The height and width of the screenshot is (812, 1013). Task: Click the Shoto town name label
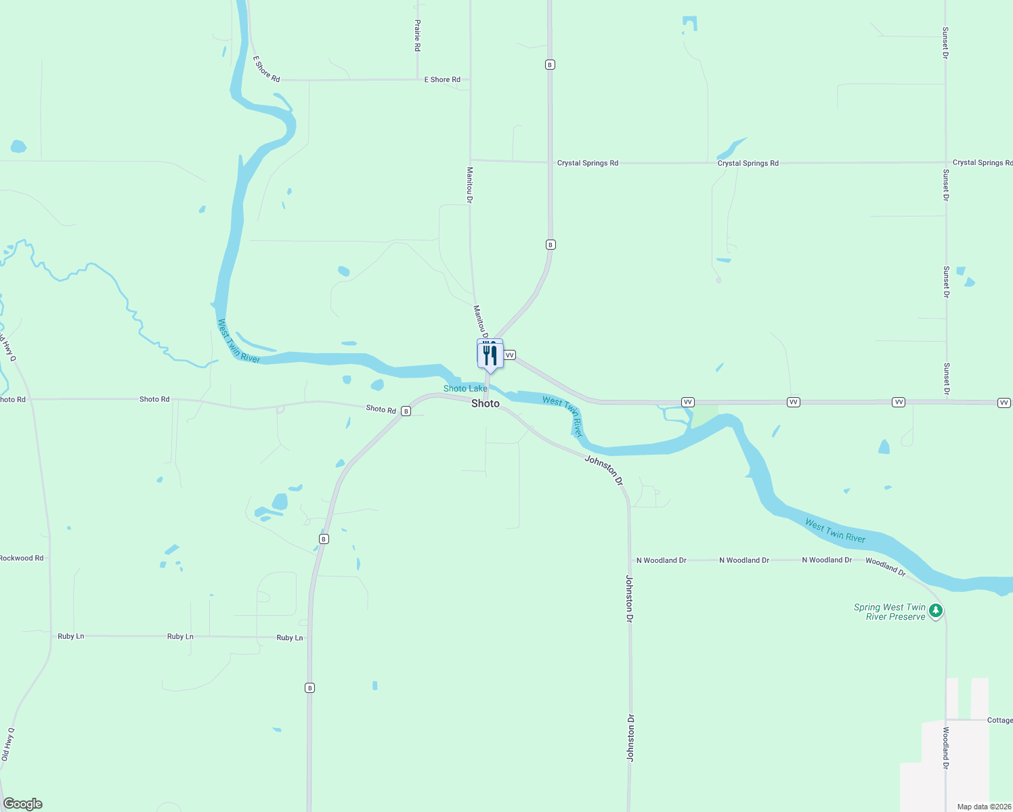point(485,403)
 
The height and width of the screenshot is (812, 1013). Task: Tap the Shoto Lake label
point(465,388)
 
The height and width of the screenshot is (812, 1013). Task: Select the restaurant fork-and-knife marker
point(490,355)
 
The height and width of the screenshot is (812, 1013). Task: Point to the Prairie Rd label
point(417,36)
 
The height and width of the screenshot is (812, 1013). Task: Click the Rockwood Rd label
point(22,558)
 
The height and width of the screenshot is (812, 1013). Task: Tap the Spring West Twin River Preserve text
point(890,612)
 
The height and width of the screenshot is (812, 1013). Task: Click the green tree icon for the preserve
point(936,610)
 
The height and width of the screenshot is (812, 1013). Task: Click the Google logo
point(23,804)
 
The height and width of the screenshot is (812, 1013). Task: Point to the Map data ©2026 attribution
point(984,807)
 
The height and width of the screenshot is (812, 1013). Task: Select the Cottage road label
point(999,720)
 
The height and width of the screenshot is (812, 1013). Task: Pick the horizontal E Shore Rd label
point(442,80)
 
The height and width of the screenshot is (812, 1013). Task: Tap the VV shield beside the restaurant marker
point(510,355)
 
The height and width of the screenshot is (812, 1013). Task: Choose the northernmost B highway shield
point(550,65)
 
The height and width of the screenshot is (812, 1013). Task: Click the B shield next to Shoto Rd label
point(406,411)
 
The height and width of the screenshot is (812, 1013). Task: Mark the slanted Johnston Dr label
point(603,470)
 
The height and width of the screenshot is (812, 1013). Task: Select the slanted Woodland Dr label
point(885,566)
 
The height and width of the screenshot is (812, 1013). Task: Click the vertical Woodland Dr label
point(946,748)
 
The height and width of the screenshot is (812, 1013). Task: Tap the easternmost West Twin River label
point(835,531)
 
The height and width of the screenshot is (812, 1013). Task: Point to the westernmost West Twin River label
point(238,341)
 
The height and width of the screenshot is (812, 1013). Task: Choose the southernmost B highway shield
point(309,687)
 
